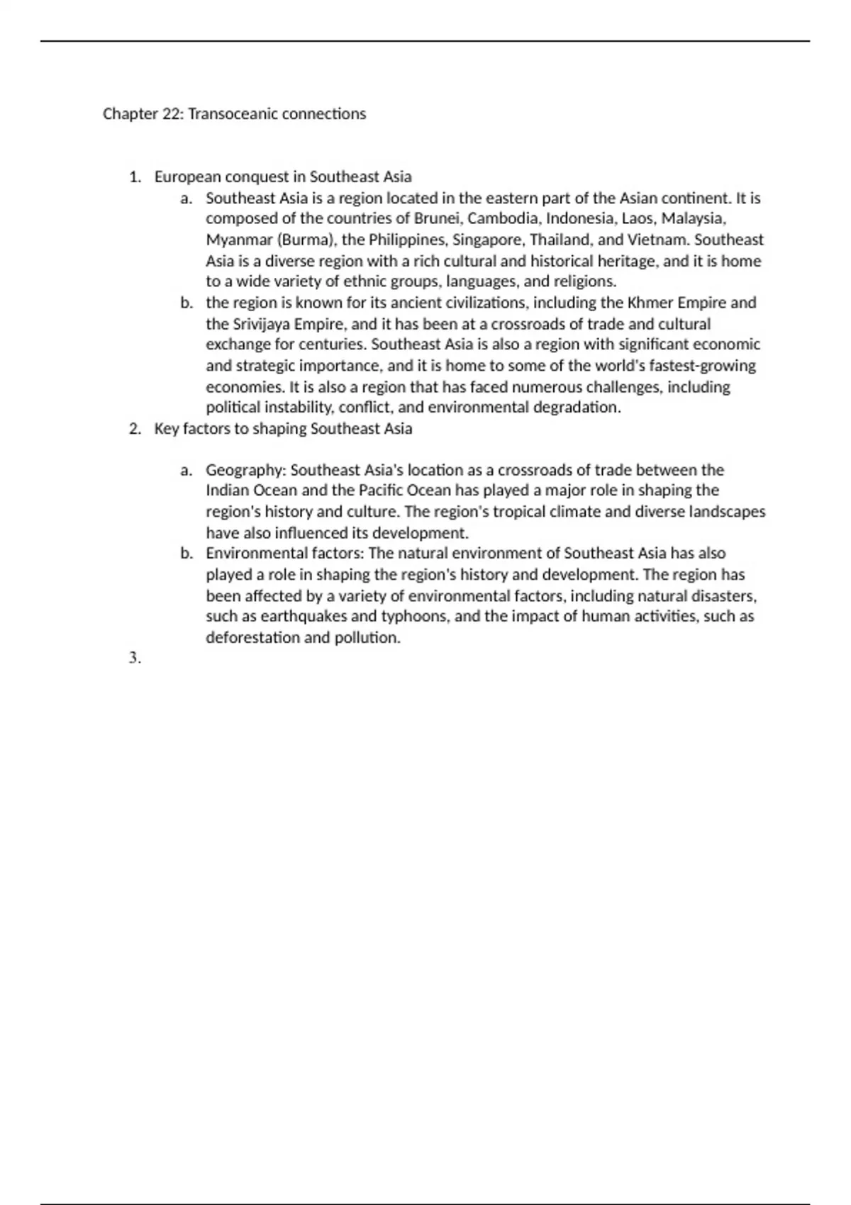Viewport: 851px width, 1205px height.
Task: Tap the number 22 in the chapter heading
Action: (172, 114)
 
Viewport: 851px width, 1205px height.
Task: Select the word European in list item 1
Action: (187, 176)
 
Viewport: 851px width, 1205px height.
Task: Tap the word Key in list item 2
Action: (167, 429)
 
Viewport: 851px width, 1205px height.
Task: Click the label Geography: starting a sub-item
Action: (245, 470)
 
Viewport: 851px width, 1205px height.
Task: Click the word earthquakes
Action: (291, 617)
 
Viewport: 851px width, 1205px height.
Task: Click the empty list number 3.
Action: (135, 658)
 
